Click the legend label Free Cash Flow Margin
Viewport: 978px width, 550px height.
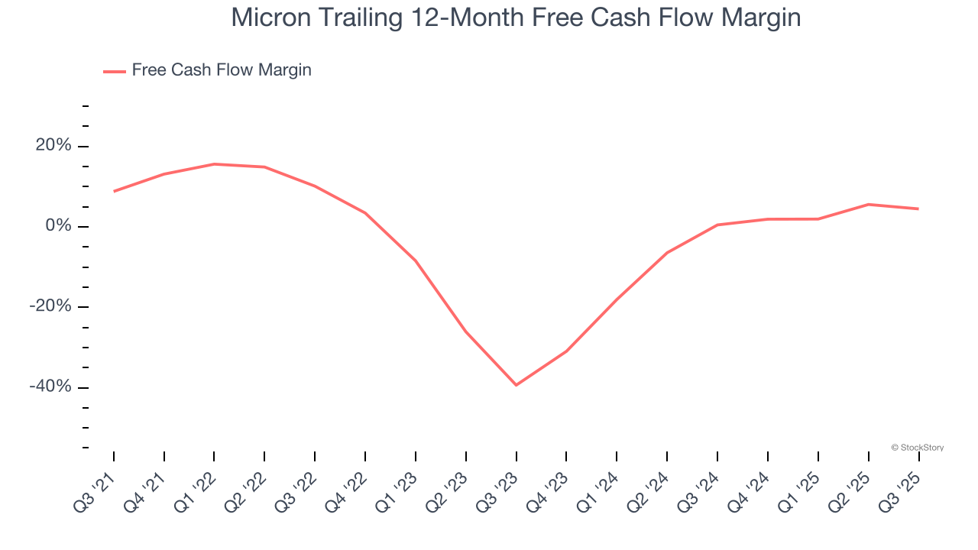coord(222,70)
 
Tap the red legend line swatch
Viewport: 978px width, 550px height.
coord(115,71)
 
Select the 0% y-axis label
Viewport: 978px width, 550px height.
coord(58,226)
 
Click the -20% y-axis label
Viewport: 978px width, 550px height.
coord(50,306)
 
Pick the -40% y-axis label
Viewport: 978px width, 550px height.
coord(50,387)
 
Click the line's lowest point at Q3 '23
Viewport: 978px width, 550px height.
coord(516,385)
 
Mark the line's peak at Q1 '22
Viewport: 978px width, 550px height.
coord(214,163)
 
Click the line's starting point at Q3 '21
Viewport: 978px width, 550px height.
coord(114,191)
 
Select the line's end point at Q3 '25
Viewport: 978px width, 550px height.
coord(918,209)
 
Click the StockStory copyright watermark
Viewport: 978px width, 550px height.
coord(917,448)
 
